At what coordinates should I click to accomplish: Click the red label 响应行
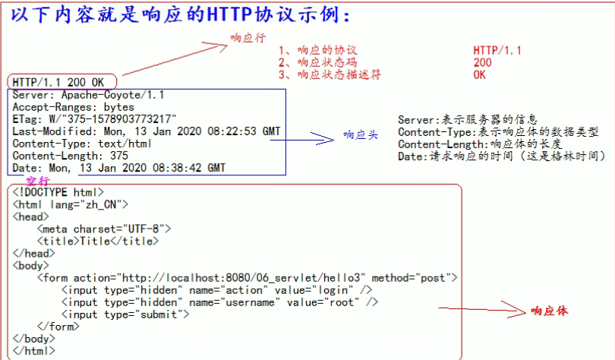[x=248, y=38]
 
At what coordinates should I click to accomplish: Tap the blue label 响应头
[x=358, y=135]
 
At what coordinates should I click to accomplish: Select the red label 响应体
[x=549, y=311]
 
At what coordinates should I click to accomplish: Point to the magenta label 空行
[x=37, y=181]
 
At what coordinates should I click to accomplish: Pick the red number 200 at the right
[x=482, y=63]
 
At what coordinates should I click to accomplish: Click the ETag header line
[x=95, y=119]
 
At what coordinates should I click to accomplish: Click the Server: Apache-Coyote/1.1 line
[x=88, y=95]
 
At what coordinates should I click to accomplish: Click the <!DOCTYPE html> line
[x=58, y=192]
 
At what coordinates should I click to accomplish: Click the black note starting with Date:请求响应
[x=501, y=156]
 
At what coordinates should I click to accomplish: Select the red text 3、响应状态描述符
[x=330, y=75]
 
